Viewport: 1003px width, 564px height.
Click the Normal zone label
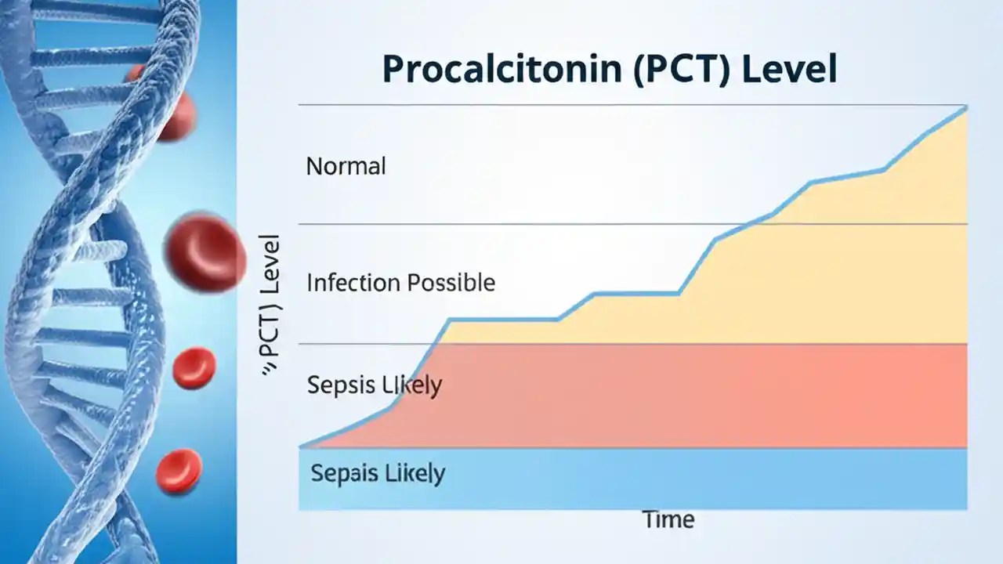point(346,166)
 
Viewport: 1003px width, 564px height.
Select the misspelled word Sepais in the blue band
point(342,473)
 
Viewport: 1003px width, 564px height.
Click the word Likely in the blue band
point(412,473)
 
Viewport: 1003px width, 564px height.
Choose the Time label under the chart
point(668,519)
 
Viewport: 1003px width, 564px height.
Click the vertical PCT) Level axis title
point(270,305)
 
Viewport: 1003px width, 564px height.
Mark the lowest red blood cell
point(179,470)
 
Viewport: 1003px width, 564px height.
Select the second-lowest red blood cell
point(194,368)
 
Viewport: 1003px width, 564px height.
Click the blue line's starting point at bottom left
point(302,446)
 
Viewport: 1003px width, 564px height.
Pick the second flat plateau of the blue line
point(635,294)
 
